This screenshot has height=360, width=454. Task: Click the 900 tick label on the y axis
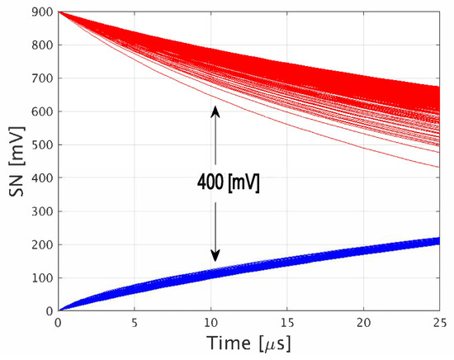(x=41, y=12)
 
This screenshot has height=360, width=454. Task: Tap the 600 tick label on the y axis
(x=41, y=111)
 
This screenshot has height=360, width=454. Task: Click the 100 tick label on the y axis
(x=41, y=277)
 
